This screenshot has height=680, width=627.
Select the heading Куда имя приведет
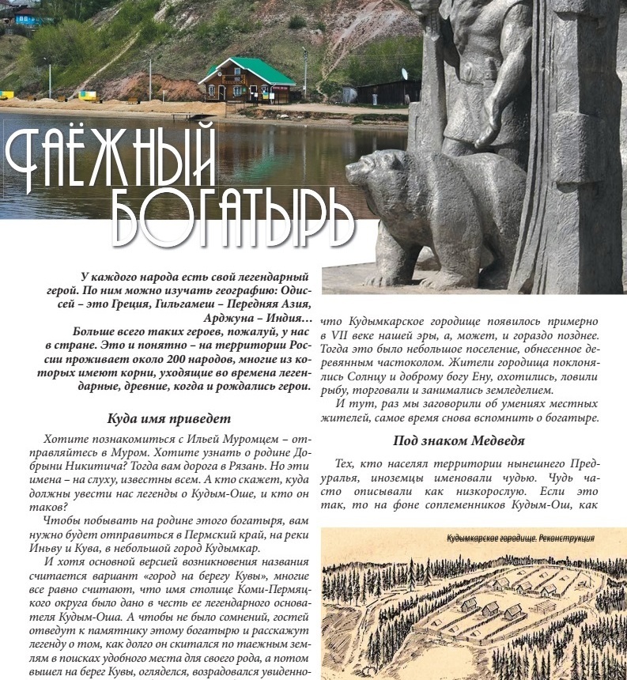pos(169,418)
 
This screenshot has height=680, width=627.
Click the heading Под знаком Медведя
pos(459,440)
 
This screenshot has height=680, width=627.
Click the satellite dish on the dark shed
pos(405,74)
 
